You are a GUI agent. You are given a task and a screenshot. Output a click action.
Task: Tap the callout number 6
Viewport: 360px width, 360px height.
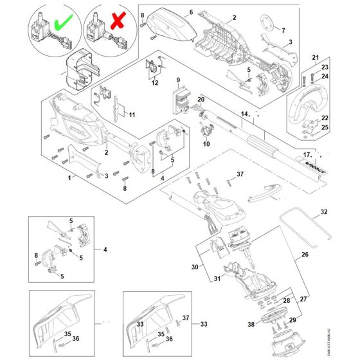(190, 12)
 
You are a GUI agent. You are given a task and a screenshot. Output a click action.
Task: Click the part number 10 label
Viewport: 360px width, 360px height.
(206, 144)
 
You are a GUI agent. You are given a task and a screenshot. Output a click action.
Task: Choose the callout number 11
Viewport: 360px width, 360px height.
(132, 116)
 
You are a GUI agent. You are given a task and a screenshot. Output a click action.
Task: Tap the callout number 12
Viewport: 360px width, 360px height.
(154, 83)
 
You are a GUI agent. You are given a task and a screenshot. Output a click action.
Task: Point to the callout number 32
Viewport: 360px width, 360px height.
(324, 212)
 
